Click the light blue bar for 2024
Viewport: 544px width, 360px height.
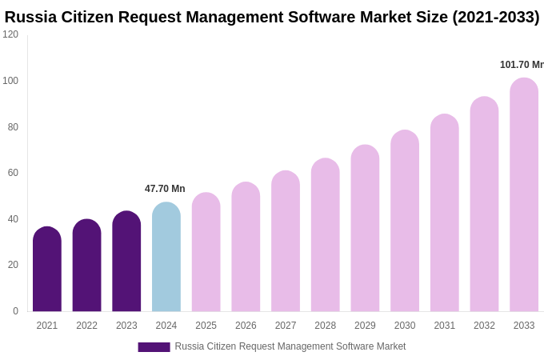(x=166, y=258)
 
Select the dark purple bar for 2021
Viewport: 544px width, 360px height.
(x=47, y=270)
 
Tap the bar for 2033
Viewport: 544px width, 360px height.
(x=524, y=195)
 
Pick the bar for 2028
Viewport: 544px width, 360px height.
(x=325, y=235)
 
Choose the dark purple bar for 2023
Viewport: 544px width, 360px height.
(x=126, y=262)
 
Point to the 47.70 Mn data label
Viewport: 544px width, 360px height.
(x=165, y=189)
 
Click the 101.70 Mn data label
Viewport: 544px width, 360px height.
(x=521, y=65)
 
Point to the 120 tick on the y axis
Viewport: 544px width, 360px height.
(x=10, y=34)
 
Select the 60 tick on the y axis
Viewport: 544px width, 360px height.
(x=13, y=173)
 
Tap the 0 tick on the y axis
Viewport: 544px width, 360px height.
(x=15, y=311)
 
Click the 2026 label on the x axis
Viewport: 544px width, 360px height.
(x=246, y=326)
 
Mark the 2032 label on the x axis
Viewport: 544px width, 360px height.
(x=484, y=326)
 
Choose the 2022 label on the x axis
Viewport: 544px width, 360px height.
(x=86, y=326)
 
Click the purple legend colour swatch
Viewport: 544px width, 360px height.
(x=154, y=347)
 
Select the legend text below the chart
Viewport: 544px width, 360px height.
(x=290, y=346)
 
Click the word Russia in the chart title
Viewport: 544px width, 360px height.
(x=30, y=17)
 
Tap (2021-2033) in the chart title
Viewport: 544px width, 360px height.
(x=495, y=17)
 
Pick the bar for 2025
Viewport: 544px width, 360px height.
(x=206, y=252)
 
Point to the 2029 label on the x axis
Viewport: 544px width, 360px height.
(x=365, y=326)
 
